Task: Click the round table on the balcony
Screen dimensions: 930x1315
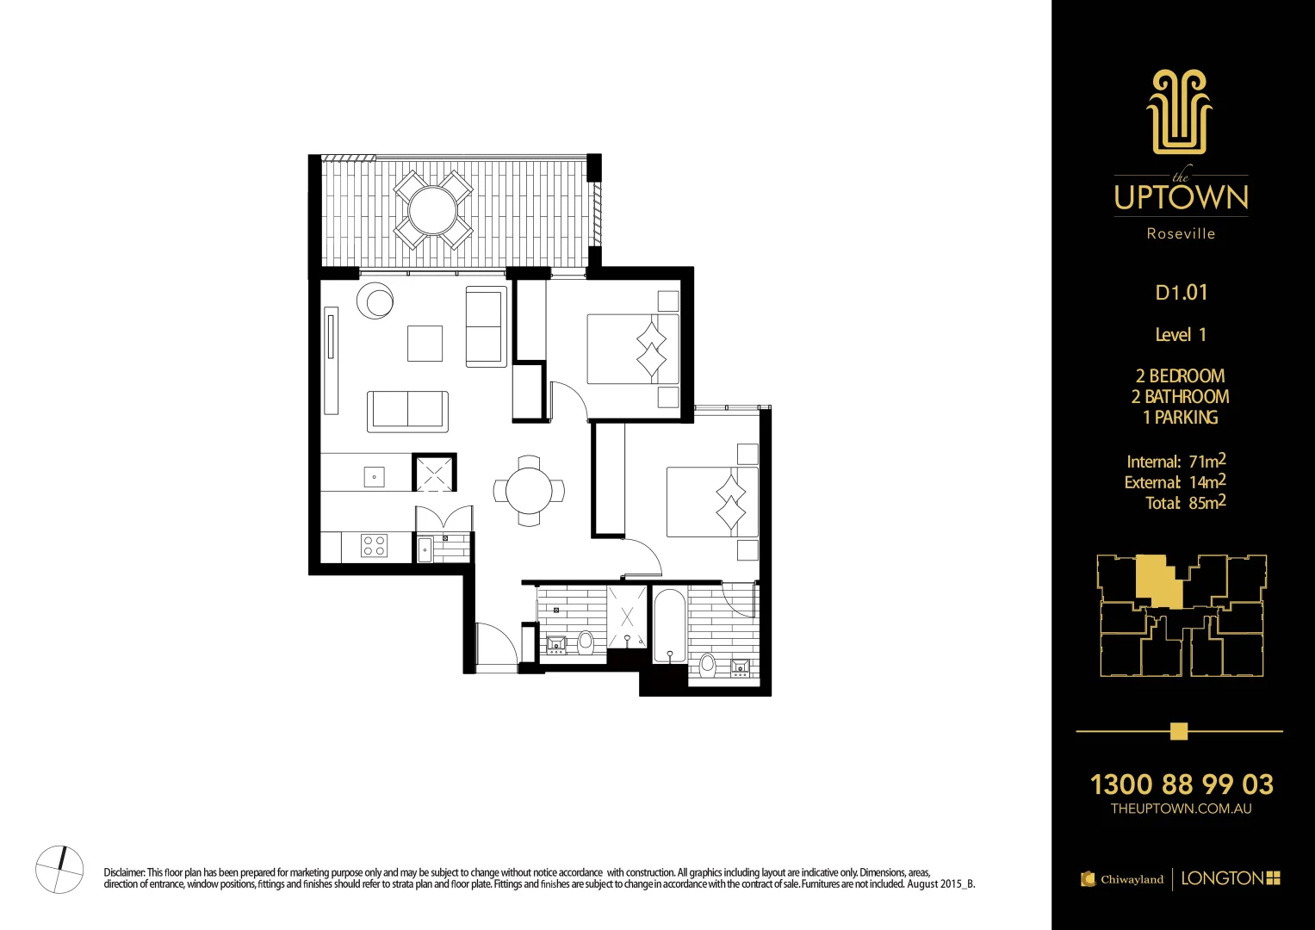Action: (x=433, y=209)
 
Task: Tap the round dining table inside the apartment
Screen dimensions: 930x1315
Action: (x=529, y=491)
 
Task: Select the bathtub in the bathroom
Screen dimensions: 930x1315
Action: (x=669, y=624)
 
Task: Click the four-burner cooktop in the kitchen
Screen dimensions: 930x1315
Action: (x=375, y=545)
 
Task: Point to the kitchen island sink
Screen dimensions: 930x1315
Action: (x=374, y=476)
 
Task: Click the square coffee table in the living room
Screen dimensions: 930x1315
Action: (x=425, y=343)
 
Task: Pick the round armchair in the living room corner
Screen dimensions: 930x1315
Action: (x=375, y=301)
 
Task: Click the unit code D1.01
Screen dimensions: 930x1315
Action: (x=1181, y=293)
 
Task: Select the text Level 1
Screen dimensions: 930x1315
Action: (x=1180, y=335)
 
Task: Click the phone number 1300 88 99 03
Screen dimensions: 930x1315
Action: (x=1181, y=784)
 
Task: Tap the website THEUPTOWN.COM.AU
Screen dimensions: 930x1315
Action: (x=1181, y=809)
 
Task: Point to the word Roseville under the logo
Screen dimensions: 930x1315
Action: (x=1181, y=233)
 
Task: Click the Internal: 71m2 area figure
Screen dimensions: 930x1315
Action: (x=1175, y=462)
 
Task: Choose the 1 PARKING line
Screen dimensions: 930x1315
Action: (x=1180, y=418)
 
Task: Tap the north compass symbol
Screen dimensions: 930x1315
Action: (x=59, y=869)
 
